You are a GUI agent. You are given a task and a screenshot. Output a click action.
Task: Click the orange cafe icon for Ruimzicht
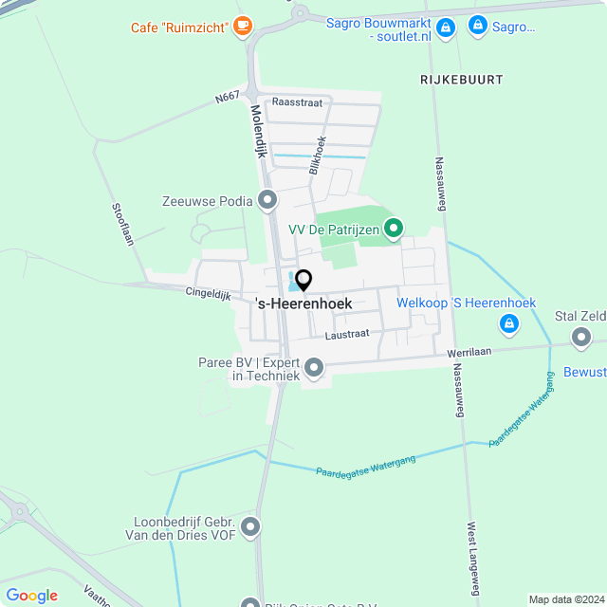coord(244,26)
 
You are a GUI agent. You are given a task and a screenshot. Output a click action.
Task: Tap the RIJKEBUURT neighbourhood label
coord(462,80)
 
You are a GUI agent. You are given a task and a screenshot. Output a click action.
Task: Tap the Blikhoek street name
coord(318,154)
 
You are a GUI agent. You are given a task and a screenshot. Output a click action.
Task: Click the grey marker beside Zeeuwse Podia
coord(268,200)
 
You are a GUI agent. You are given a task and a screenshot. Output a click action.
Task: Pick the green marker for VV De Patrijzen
coord(395,229)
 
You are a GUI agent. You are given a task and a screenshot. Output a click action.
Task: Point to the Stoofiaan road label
coord(122,225)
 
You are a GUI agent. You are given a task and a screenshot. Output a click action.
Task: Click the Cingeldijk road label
coord(208,295)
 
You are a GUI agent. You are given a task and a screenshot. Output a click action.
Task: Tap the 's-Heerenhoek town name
coord(303,303)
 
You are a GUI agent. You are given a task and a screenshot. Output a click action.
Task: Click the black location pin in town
coord(303,281)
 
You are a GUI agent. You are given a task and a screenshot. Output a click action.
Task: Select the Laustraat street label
coord(346,334)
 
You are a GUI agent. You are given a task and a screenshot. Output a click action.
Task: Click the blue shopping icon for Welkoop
coord(510,324)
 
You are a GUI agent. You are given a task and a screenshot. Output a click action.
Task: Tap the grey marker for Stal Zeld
coord(580,336)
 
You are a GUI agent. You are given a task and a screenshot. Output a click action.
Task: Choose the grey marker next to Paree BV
coord(315,367)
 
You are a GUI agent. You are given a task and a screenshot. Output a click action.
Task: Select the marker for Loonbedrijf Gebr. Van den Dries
coord(250,526)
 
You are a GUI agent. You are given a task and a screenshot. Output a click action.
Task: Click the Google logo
coord(31,596)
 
